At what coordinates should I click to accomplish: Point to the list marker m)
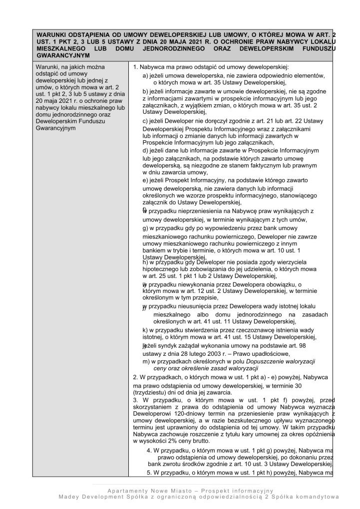coord(146,361)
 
